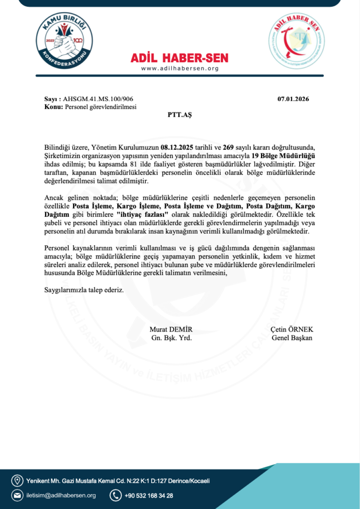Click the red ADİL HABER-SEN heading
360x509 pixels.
pyautogui.click(x=180, y=58)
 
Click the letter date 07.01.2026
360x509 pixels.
pyautogui.click(x=293, y=99)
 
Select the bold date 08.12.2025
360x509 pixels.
pyautogui.click(x=177, y=148)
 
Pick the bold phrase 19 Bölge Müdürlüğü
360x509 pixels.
pyautogui.click(x=287, y=156)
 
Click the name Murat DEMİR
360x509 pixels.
pyautogui.click(x=171, y=330)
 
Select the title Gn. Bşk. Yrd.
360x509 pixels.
pyautogui.click(x=171, y=338)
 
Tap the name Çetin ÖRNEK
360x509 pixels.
pyautogui.click(x=292, y=330)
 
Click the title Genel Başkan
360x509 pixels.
pyautogui.click(x=292, y=338)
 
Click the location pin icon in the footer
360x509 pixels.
pyautogui.click(x=17, y=481)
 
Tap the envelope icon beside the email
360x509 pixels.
pyautogui.click(x=17, y=495)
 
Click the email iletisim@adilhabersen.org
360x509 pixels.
pyautogui.click(x=61, y=496)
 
